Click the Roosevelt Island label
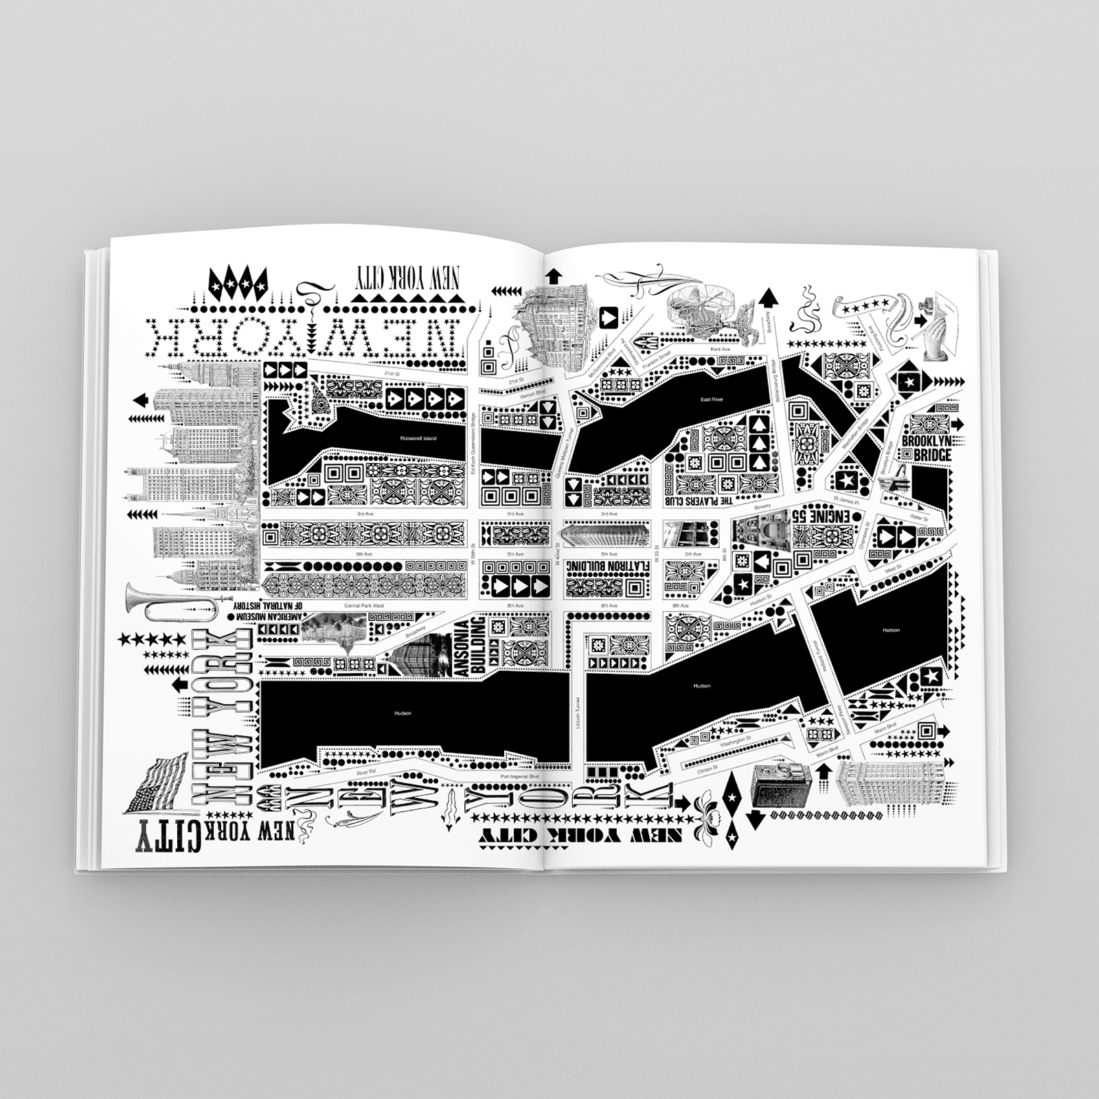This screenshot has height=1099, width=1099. coord(418,438)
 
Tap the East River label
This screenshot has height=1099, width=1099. coord(712,399)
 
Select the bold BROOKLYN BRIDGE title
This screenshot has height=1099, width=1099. coord(927,447)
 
